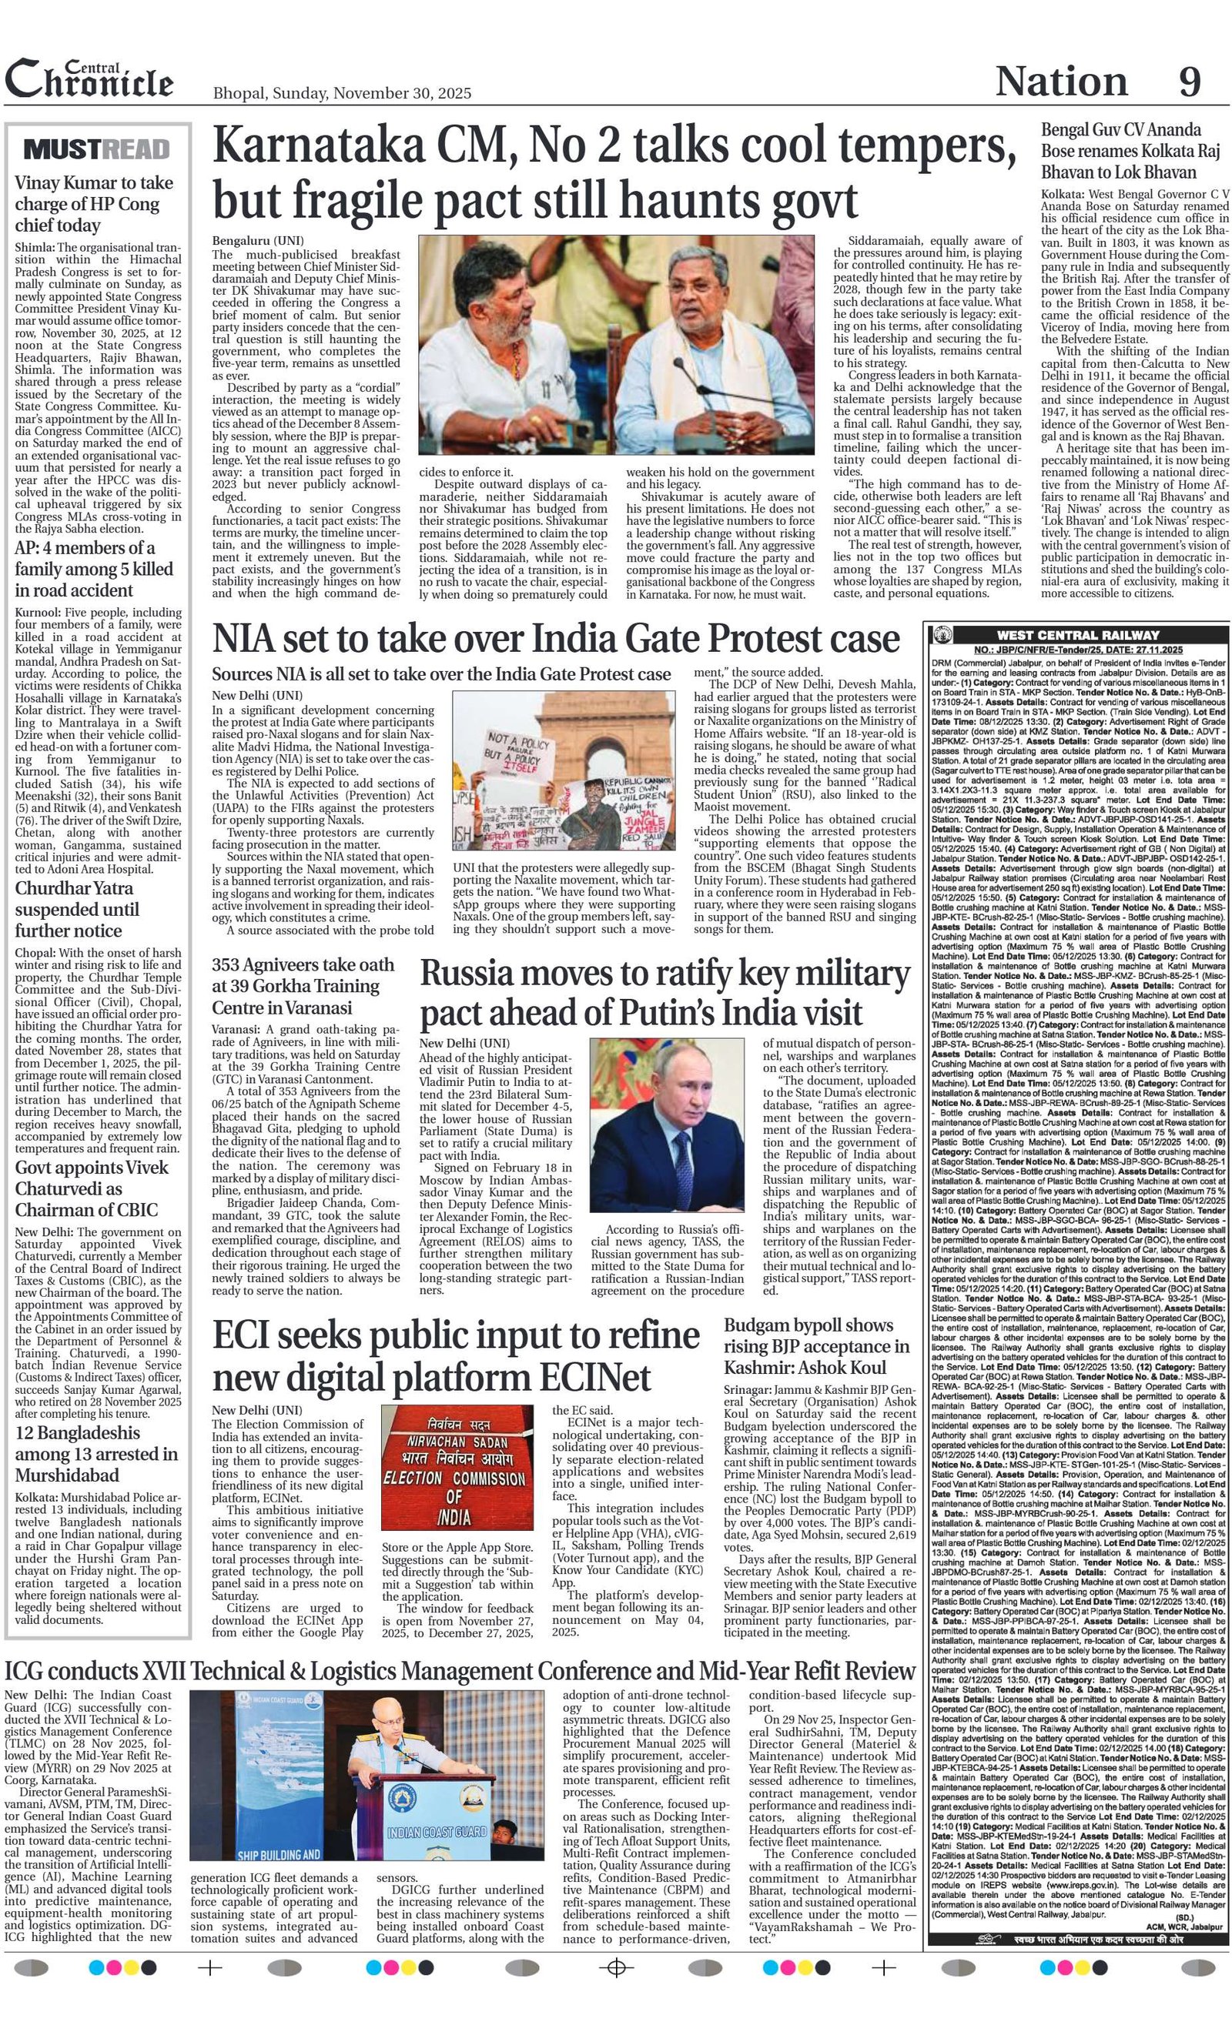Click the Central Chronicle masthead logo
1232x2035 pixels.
tap(89, 79)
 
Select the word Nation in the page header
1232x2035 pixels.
tap(1061, 82)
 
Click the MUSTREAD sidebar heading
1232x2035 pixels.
tap(98, 149)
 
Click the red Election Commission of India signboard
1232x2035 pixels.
tap(459, 1471)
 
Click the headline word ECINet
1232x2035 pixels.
tap(595, 1377)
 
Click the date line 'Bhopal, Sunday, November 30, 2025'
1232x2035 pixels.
tap(342, 93)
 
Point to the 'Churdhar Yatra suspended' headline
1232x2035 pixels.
tap(77, 909)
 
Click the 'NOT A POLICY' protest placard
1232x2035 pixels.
tap(521, 749)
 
